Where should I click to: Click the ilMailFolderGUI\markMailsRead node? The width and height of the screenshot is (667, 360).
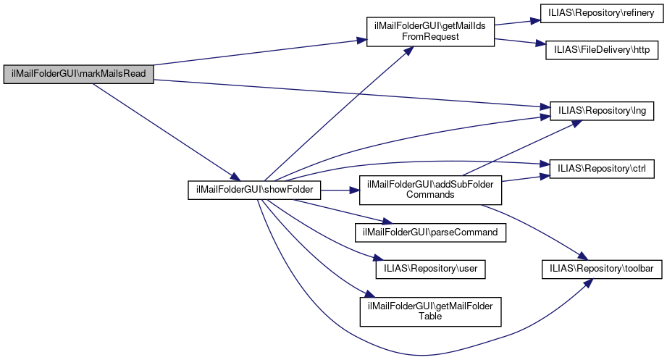tap(79, 74)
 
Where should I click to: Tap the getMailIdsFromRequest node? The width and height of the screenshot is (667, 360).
tap(430, 30)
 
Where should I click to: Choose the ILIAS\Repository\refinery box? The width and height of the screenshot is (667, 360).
tap(599, 14)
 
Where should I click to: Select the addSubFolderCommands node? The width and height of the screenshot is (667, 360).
tap(430, 189)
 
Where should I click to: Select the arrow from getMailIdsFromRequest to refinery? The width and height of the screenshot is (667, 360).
tap(517, 21)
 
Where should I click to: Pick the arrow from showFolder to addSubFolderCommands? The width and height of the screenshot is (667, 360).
tap(340, 191)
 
